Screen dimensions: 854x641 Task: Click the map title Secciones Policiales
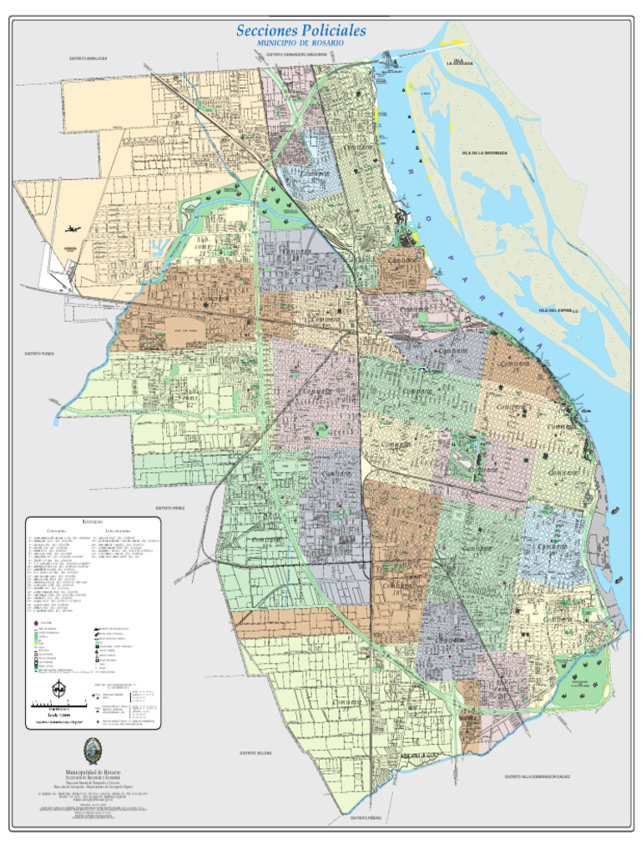tap(301, 31)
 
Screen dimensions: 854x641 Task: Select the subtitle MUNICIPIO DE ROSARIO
tap(301, 43)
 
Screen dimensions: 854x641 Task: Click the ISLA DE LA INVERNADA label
tap(484, 153)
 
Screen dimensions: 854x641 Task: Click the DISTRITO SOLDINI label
tap(255, 753)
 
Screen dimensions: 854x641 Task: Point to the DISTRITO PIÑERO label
tap(366, 818)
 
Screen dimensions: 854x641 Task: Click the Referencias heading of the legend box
tap(93, 521)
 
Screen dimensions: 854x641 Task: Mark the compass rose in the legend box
tap(59, 689)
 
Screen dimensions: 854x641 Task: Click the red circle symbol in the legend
tap(33, 622)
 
